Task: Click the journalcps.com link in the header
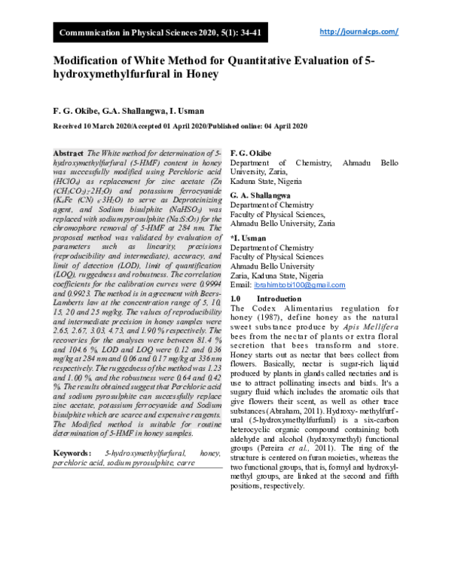(x=359, y=32)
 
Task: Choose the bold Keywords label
(x=74, y=453)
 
